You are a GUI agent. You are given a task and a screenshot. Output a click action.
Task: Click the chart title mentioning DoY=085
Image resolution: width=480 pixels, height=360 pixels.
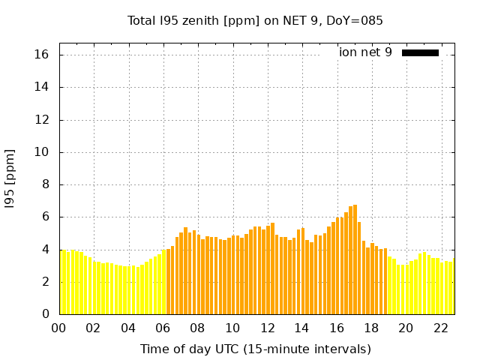[x=255, y=20]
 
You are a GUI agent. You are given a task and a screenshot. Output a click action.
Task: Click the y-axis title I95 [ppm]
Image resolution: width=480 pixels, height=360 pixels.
[x=10, y=178]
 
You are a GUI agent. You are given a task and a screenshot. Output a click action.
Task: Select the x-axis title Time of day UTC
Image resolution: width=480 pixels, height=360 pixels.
[x=255, y=349]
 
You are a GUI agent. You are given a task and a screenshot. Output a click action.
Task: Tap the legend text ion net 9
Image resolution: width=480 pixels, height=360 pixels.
[x=365, y=52]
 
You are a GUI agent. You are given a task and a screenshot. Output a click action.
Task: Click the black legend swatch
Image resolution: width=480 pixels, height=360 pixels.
[x=420, y=52]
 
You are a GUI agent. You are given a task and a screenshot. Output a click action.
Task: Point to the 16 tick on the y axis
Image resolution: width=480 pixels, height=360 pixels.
[x=42, y=55]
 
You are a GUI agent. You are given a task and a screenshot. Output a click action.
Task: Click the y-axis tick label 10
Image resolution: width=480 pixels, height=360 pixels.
[x=42, y=152]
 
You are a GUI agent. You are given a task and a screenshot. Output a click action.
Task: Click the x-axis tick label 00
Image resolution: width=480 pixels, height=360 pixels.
[x=58, y=328]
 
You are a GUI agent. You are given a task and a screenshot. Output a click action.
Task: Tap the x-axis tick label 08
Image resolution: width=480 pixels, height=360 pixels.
[x=197, y=328]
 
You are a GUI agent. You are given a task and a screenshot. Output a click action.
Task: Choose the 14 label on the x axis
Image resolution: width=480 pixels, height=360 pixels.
[x=301, y=328]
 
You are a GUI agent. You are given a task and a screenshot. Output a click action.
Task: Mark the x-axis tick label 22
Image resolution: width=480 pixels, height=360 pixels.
[x=440, y=328]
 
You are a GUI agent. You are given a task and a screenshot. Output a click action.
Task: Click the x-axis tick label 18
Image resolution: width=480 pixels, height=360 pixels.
[x=370, y=328]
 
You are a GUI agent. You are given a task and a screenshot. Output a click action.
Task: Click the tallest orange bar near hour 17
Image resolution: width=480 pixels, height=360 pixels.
[x=355, y=259]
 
